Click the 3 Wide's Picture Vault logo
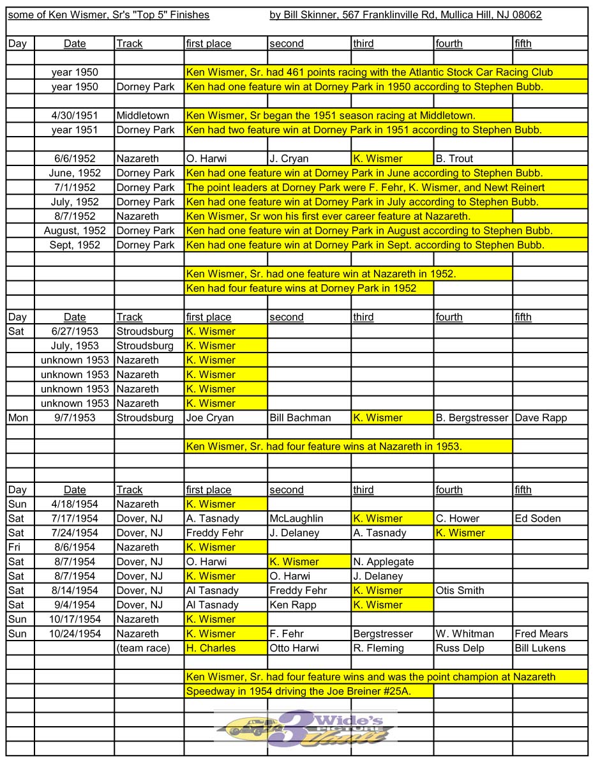[x=305, y=728]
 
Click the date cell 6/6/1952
[x=75, y=158]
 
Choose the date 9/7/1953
[x=75, y=418]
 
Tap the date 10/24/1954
[x=75, y=634]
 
